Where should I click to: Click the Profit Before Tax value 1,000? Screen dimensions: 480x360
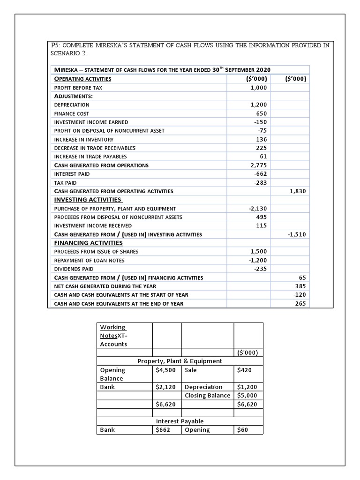coord(258,88)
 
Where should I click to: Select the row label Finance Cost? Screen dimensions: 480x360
coord(72,113)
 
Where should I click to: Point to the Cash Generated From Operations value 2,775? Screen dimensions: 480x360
coord(258,165)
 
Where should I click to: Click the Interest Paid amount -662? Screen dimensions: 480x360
coord(260,174)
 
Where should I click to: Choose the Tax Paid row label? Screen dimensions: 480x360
coord(66,183)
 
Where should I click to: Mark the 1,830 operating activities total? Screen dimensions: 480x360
coord(298,191)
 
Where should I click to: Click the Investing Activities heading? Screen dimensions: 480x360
coord(88,200)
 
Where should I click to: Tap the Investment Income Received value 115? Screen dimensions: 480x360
coord(262,225)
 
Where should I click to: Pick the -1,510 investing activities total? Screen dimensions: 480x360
coord(297,234)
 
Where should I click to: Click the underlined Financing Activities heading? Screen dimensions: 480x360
coord(89,243)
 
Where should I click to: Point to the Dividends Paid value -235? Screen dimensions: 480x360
coord(260,269)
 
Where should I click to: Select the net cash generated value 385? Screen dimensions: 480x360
coord(300,286)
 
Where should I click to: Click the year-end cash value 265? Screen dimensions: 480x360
coord(300,304)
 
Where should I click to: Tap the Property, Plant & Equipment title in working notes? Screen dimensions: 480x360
coord(180,361)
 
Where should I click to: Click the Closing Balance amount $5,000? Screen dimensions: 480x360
coord(247,395)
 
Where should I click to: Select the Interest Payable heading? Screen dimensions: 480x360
coord(180,421)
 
